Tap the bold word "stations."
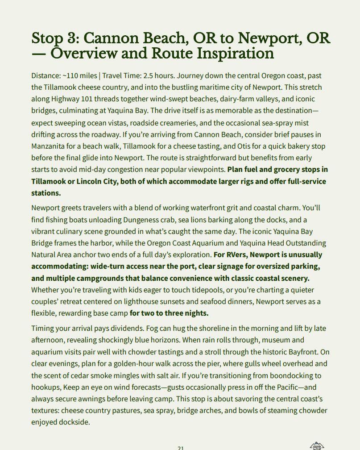[x=46, y=193]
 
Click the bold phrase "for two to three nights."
[x=169, y=313]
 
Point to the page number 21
[x=180, y=447]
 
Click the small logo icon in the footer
[x=317, y=445]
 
